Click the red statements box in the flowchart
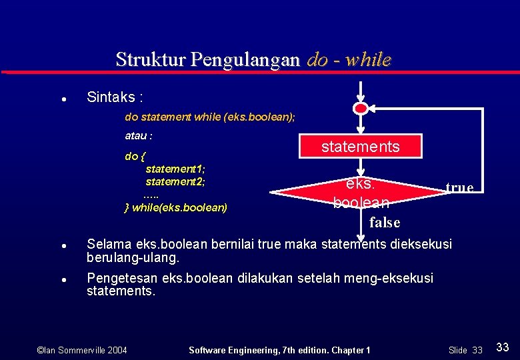click(x=361, y=146)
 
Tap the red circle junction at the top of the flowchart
click(x=360, y=108)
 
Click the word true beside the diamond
click(x=459, y=187)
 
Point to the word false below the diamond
click(x=384, y=222)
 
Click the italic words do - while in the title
click(x=349, y=59)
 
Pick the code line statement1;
click(x=175, y=169)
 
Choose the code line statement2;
click(x=175, y=181)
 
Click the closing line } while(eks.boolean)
click(x=176, y=207)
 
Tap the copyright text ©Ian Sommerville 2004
click(x=81, y=350)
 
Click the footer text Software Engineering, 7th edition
click(x=267, y=350)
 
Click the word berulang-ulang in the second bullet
click(x=133, y=257)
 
